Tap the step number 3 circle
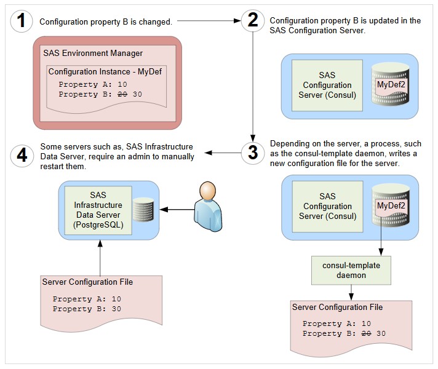[x=253, y=153]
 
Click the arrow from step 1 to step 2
[x=207, y=22]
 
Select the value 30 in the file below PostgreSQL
[x=116, y=309]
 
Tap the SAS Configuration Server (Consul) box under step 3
[x=327, y=206]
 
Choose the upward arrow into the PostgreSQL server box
[x=99, y=255]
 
